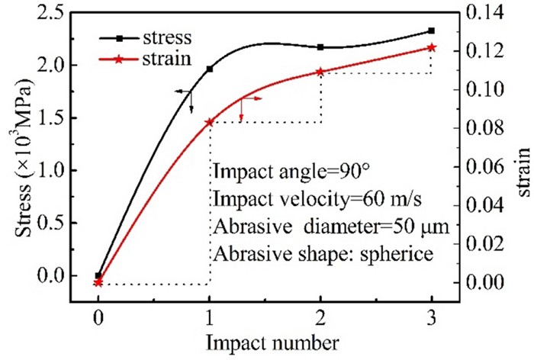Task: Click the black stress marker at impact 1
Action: (210, 69)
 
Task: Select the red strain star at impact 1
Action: (210, 122)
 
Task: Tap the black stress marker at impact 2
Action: (320, 47)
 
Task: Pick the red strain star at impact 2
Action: (320, 72)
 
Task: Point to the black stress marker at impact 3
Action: (431, 31)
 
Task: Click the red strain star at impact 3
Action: (431, 47)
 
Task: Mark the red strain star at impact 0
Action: (98, 283)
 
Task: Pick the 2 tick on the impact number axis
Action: (320, 317)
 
